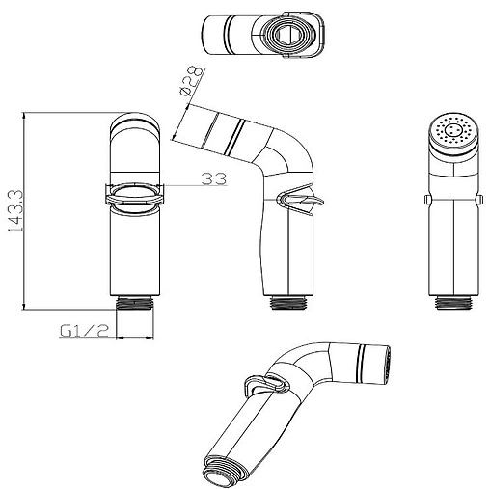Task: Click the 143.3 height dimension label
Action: click(x=15, y=211)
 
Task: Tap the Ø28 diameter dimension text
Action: click(x=192, y=80)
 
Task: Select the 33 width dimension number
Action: click(x=214, y=178)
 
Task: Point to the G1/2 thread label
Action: click(x=84, y=330)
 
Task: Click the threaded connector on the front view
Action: click(x=135, y=302)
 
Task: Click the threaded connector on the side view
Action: click(x=288, y=302)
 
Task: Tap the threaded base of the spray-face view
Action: click(x=454, y=302)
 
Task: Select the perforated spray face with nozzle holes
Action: click(x=454, y=132)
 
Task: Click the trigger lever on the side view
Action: click(x=302, y=201)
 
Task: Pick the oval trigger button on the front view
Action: click(x=135, y=195)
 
